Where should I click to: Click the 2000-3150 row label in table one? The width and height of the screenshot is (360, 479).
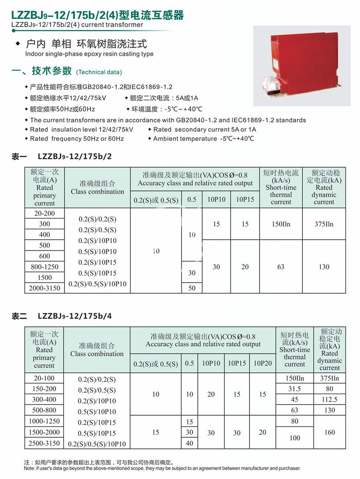pos(44,288)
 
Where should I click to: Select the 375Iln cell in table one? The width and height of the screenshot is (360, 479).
pos(324,224)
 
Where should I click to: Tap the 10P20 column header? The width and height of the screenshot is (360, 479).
pos(262,363)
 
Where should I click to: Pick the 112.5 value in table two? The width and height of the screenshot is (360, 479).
pos(330,399)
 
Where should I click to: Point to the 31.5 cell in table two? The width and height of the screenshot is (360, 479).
pos(294,389)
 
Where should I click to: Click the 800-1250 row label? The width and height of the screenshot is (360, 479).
pos(44,267)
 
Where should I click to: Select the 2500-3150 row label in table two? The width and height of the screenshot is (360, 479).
pos(44,443)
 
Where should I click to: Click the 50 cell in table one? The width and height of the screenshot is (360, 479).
pos(192,288)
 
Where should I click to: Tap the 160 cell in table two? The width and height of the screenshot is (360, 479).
pos(330,432)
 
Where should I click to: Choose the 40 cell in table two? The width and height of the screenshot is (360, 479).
pos(190,443)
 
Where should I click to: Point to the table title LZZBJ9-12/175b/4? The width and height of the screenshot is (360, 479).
pos(75,316)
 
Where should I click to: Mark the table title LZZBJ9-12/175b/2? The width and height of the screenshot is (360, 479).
pos(75,156)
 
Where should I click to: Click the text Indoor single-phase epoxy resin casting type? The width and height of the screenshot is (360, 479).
pos(89,54)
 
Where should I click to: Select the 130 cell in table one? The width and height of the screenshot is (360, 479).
pos(324,267)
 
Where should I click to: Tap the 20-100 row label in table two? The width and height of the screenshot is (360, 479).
pos(44,378)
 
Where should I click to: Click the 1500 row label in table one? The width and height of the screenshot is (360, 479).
pos(44,277)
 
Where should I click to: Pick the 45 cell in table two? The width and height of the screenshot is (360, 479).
pos(294,399)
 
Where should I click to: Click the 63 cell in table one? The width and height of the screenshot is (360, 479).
pos(281,267)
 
